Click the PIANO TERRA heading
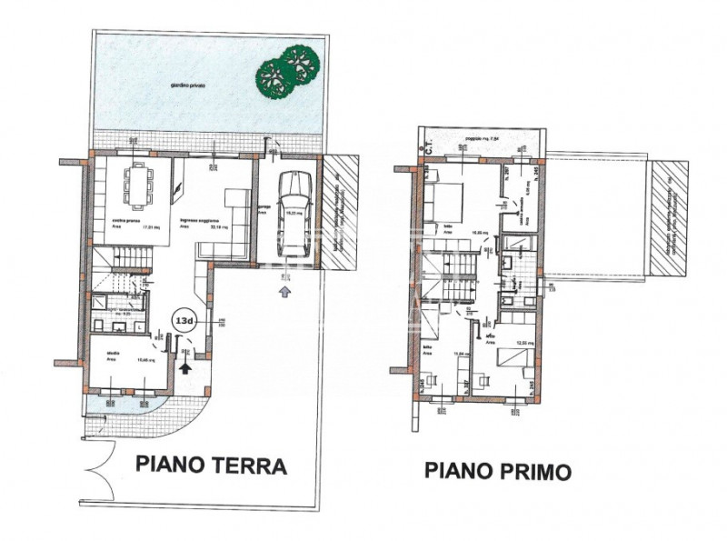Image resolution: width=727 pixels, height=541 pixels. [211, 466]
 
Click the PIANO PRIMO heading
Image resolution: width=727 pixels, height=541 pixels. [498, 471]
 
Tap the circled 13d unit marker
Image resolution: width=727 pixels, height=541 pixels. [183, 322]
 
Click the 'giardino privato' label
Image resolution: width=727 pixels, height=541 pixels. [187, 85]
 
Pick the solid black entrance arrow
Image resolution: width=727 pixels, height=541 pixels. [186, 366]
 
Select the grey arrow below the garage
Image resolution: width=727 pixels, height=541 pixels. [285, 292]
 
